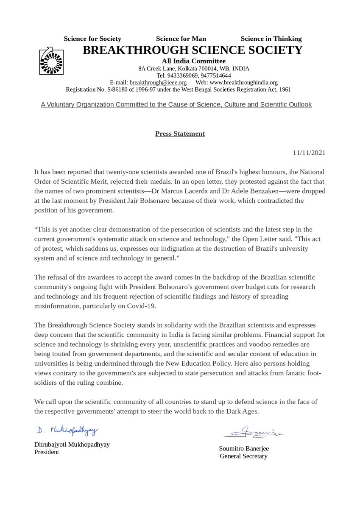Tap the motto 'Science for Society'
click(92, 39)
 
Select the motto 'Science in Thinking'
click(271, 39)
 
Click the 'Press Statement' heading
click(180, 134)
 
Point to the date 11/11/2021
click(309, 153)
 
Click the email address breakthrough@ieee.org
click(158, 82)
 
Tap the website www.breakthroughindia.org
click(243, 82)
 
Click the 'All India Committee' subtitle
click(193, 62)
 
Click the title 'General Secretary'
click(243, 456)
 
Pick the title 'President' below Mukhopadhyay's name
click(47, 452)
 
